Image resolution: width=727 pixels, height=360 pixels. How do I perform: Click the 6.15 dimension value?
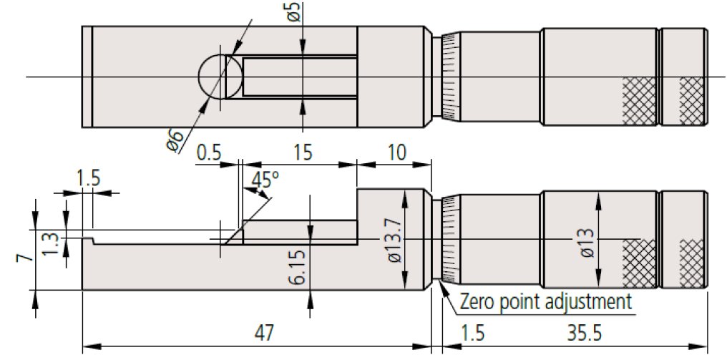point(298,266)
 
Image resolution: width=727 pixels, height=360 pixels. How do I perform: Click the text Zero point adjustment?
point(547,300)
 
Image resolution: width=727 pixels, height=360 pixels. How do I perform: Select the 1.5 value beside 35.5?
point(467,333)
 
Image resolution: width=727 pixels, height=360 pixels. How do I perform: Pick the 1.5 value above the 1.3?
point(89,179)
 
